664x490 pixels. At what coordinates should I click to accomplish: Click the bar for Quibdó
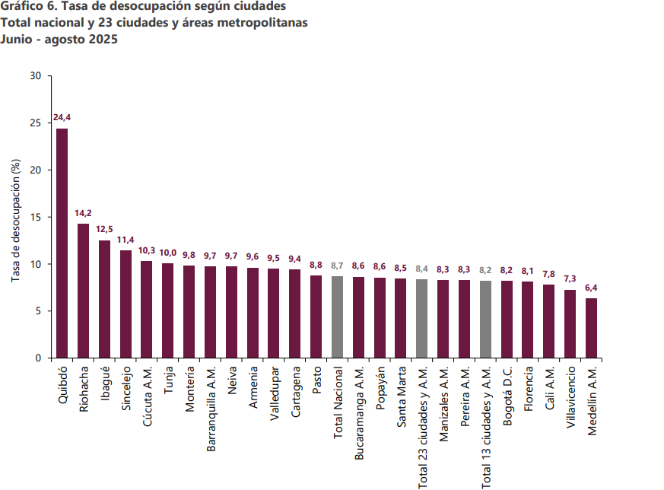[62, 243]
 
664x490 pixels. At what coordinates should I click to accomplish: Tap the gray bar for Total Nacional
[338, 317]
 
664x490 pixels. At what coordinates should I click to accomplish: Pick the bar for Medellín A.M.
[591, 328]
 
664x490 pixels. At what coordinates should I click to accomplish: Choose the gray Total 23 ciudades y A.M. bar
[422, 318]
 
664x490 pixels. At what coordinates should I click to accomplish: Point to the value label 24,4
[62, 117]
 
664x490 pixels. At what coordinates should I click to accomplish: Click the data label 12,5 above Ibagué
[104, 229]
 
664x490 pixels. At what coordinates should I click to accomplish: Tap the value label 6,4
[591, 287]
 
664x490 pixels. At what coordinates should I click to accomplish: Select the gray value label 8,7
[338, 265]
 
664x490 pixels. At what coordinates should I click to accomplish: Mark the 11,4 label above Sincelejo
[125, 240]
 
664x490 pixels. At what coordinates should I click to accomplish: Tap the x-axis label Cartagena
[295, 392]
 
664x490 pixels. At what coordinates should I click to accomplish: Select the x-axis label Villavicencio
[570, 398]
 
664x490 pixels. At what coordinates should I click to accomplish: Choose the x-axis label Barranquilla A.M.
[211, 410]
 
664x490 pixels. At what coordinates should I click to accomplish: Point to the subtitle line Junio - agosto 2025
[60, 39]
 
